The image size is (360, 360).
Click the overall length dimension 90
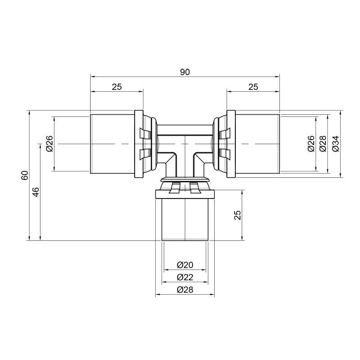pyautogui.click(x=184, y=72)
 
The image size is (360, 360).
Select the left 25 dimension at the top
pyautogui.click(x=117, y=87)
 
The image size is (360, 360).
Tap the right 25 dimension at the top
pyautogui.click(x=253, y=87)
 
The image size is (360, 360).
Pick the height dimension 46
pyautogui.click(x=36, y=193)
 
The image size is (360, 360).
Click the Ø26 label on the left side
pyautogui.click(x=49, y=144)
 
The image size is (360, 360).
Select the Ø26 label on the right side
pyautogui.click(x=310, y=144)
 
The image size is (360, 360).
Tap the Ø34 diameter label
pyautogui.click(x=335, y=144)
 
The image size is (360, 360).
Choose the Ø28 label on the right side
pyautogui.click(x=322, y=144)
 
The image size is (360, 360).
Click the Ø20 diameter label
pyautogui.click(x=184, y=265)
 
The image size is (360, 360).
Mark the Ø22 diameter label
pyautogui.click(x=184, y=277)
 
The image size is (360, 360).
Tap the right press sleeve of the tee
pyautogui.click(x=257, y=144)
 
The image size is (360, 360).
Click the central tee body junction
pyautogui.click(x=184, y=146)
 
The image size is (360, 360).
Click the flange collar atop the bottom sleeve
pyautogui.click(x=184, y=194)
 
